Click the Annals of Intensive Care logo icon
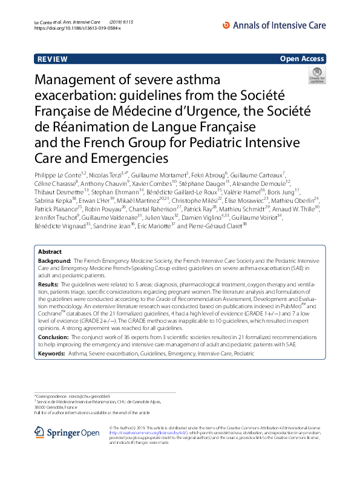click(x=227, y=25)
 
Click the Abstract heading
click(x=50, y=268)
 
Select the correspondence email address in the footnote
click(x=91, y=395)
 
